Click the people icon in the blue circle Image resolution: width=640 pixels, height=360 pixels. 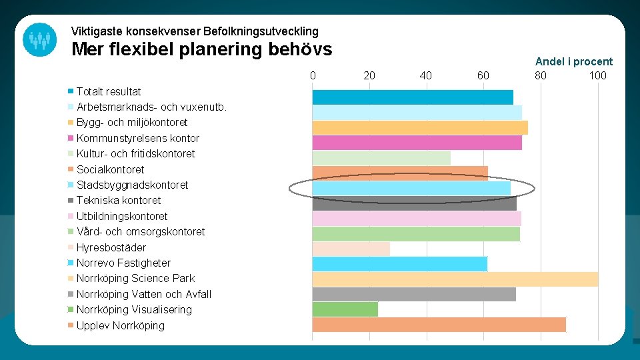(39, 39)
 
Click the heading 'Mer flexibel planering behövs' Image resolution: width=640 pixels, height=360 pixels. (201, 49)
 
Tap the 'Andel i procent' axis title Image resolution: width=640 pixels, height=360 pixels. (573, 61)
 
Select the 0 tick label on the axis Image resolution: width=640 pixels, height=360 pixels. (313, 75)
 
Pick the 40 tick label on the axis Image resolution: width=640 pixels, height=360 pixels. (426, 75)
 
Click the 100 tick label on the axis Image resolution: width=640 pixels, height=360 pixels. (597, 75)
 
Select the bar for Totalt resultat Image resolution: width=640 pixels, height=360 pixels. (413, 97)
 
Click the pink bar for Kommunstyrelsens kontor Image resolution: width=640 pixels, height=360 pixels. (417, 143)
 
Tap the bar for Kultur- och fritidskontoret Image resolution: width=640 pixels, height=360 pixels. (381, 158)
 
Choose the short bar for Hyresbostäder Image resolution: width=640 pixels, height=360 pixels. (351, 249)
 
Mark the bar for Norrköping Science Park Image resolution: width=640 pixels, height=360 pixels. (455, 279)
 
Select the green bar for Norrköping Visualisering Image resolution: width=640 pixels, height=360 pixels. (345, 309)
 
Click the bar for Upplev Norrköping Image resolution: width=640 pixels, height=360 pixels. (439, 325)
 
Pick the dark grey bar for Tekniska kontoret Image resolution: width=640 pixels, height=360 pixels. (414, 203)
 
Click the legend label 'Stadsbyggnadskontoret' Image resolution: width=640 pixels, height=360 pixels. (132, 185)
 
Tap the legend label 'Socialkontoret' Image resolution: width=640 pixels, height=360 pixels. (110, 169)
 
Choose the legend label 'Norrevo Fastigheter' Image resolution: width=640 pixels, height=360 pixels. (123, 263)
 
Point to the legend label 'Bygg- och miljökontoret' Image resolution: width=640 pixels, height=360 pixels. (132, 122)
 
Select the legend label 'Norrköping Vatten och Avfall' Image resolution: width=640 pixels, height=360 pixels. (143, 294)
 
